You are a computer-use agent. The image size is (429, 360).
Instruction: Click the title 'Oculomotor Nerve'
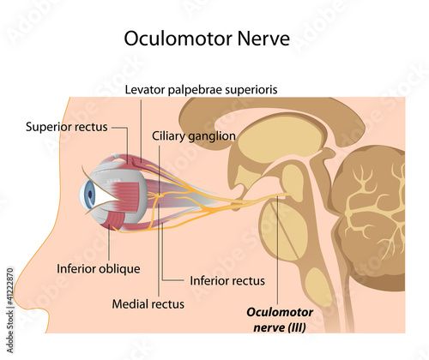(207, 39)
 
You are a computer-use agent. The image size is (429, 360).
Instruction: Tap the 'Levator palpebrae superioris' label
(201, 90)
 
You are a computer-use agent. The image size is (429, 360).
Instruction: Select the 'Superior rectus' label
(67, 127)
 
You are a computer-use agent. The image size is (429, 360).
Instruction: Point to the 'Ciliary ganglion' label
(194, 136)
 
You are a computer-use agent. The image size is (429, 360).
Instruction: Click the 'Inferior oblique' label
(99, 269)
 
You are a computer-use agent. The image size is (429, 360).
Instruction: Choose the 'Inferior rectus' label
(227, 281)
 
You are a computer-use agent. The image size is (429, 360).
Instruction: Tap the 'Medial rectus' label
(148, 304)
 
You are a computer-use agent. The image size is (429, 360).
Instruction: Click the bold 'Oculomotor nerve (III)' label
(280, 320)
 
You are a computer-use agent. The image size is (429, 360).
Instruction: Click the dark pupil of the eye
(90, 195)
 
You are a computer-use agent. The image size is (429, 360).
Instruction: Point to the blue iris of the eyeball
(88, 195)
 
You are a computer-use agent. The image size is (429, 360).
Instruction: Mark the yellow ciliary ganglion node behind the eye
(160, 196)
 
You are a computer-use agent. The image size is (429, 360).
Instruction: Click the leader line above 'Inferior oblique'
(109, 243)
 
